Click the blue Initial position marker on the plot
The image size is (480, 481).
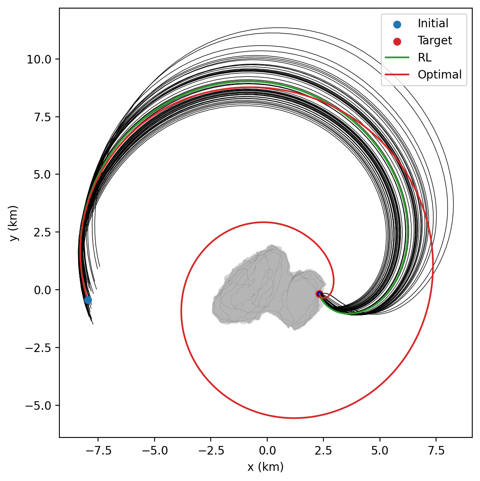pos(88,300)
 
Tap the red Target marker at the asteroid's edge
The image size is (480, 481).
pos(319,294)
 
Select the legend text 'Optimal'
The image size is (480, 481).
pos(439,75)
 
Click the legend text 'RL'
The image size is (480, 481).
pos(424,58)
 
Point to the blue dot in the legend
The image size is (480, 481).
pos(397,24)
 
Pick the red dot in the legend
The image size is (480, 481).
pos(397,41)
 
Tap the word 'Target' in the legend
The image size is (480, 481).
pos(434,41)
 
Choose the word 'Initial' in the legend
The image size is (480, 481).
pos(433,24)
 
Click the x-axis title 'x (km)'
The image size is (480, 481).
pos(265,467)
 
